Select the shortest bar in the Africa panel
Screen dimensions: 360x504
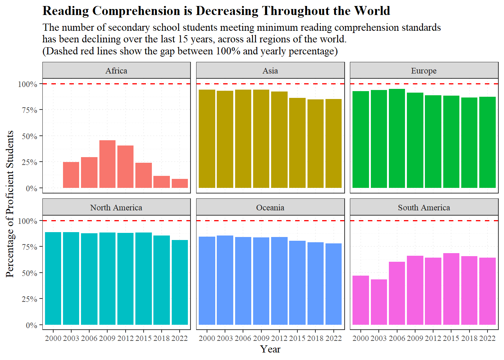180,183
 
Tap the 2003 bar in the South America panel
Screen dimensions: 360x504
379,302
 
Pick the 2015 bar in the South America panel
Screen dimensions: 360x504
451,289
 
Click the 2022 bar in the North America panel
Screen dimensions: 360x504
180,282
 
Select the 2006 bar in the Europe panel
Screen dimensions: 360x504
397,138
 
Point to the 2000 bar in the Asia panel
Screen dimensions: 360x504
207,139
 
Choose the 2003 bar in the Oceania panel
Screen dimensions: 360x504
225,280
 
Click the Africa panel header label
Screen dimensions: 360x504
116,70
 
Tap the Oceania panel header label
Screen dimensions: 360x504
270,207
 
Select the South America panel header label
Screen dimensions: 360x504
424,207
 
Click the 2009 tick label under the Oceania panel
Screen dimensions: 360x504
261,338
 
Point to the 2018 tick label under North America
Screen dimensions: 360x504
162,338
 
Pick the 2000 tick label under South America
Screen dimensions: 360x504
361,338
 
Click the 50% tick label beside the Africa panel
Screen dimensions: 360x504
29,136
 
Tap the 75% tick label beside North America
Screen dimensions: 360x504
29,247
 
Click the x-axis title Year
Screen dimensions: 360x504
270,349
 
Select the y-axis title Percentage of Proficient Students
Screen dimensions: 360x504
10,204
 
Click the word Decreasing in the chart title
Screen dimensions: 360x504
227,11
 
